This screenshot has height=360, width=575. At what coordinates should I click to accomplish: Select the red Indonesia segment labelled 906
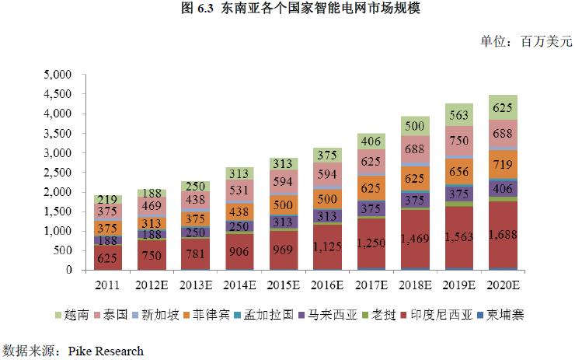point(240,251)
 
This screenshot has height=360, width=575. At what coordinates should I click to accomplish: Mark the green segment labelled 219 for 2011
point(108,200)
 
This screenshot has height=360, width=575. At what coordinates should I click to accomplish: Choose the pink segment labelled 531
point(240,190)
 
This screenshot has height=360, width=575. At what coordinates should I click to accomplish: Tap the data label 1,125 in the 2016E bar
point(328,247)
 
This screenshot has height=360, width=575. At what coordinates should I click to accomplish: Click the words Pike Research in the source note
point(106,351)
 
